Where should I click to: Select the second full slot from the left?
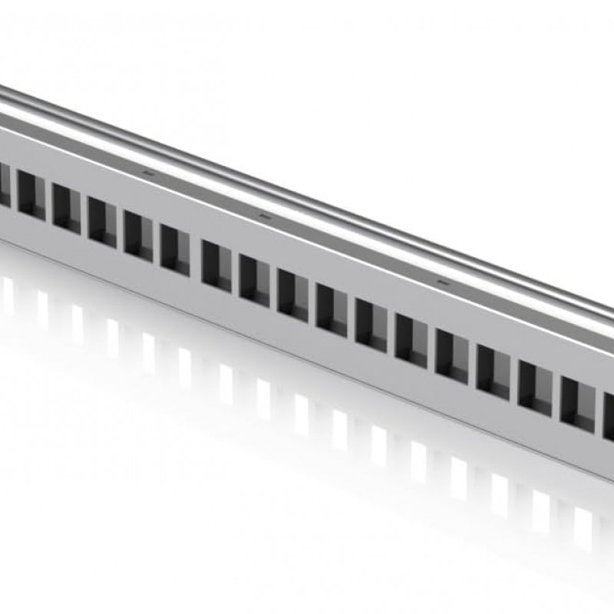pyautogui.click(x=67, y=207)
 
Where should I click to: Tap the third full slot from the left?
pyautogui.click(x=102, y=221)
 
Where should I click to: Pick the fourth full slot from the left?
pyautogui.click(x=138, y=235)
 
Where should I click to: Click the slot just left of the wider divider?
pyautogui.click(x=175, y=249)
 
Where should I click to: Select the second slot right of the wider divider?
pyautogui.click(x=254, y=279)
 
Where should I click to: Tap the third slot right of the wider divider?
pyautogui.click(x=292, y=293)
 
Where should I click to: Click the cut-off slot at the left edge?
pyautogui.click(x=4, y=184)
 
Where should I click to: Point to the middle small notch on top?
pyautogui.click(x=266, y=216)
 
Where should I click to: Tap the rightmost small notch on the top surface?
pyautogui.click(x=441, y=282)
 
